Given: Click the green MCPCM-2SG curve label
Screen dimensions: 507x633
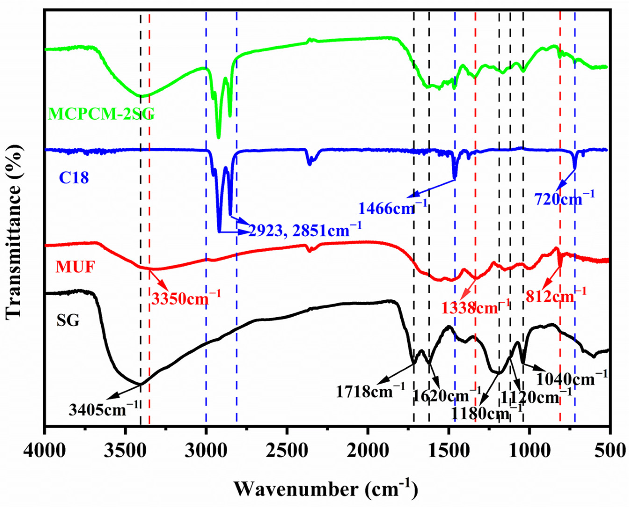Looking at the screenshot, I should (101, 114).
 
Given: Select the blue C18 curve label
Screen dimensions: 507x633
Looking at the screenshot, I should (74, 178).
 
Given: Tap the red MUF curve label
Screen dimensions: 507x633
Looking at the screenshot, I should (76, 267).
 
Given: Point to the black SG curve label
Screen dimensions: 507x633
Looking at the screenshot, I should (68, 321).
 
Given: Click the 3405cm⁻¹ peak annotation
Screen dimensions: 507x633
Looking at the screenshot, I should (103, 410).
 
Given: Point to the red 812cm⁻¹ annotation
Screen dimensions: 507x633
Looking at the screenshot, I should (556, 297).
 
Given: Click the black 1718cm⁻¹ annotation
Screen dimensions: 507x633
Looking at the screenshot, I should (370, 392).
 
